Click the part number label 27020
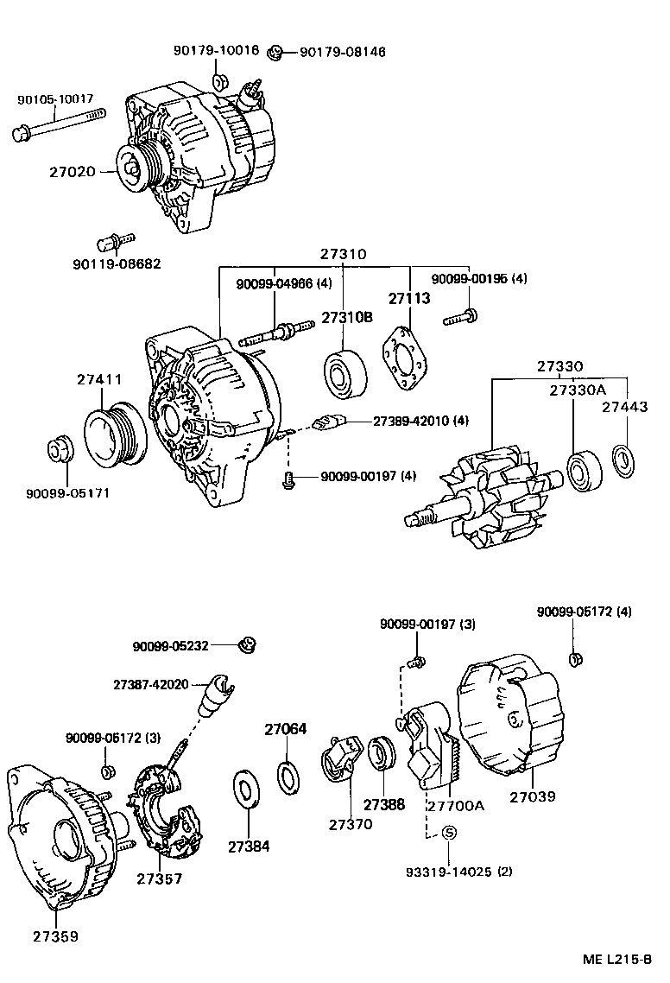73,172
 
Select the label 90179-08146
342,52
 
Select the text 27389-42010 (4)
421,421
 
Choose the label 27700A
455,805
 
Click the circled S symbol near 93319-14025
449,832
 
